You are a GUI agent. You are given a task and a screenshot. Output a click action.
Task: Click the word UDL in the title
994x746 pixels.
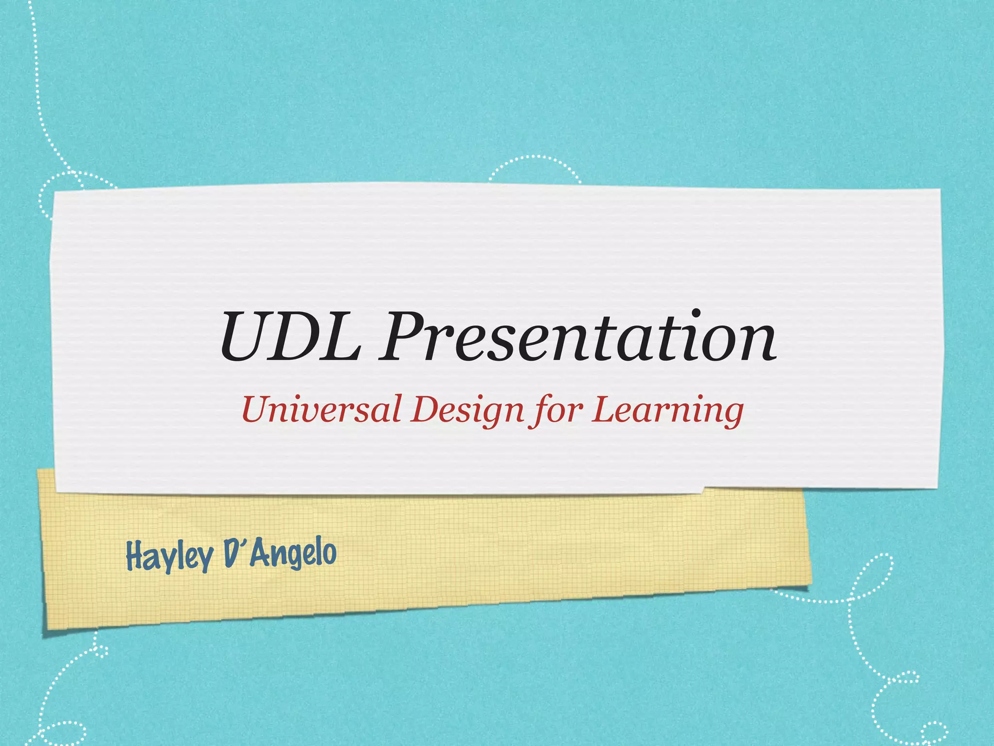(290, 337)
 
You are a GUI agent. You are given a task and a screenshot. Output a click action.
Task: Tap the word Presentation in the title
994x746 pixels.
(577, 337)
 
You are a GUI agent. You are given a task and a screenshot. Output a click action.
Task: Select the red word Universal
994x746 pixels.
(321, 409)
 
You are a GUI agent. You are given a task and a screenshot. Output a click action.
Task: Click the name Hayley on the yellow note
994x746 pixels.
(169, 556)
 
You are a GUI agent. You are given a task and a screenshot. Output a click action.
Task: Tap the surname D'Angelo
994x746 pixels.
(281, 554)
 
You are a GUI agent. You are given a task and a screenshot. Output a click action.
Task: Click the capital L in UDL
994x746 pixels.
(340, 337)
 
